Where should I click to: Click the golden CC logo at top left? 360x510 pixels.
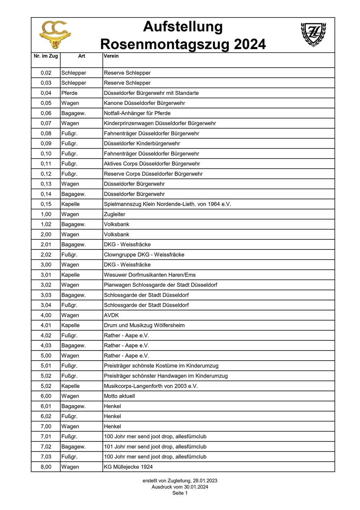(55, 35)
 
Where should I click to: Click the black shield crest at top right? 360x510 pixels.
(313, 34)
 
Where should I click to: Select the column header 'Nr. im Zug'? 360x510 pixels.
(46, 56)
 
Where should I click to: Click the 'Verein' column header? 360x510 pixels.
(111, 56)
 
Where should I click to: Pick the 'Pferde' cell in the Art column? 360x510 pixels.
(70, 93)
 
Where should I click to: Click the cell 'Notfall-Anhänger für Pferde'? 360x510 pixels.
(137, 113)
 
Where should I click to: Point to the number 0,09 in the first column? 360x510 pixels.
(46, 143)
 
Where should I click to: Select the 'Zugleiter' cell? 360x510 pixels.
(115, 214)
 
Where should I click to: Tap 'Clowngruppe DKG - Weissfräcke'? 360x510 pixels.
(144, 255)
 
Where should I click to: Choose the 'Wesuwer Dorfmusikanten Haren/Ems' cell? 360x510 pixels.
(150, 275)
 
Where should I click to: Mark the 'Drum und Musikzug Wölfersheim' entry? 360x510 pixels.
(144, 325)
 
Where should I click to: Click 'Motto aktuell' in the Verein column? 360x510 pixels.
(119, 396)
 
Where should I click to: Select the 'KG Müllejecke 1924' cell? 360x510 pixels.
(128, 467)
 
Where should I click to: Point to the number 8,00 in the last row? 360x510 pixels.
(46, 467)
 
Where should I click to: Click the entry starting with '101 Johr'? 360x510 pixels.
(155, 447)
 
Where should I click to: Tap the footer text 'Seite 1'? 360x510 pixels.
(180, 493)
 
